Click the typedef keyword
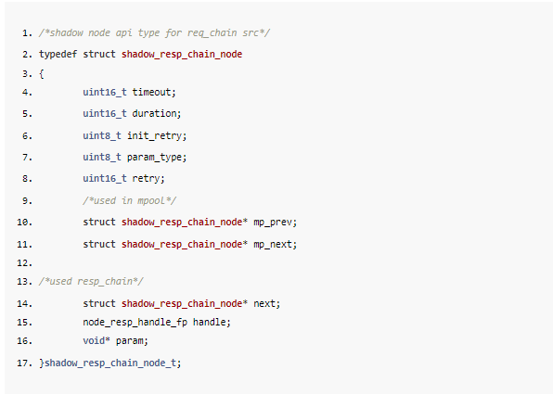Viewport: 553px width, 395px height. (x=58, y=55)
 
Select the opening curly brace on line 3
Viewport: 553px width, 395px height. (x=42, y=74)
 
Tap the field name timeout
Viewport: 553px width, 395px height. (x=151, y=93)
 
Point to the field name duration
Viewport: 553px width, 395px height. (x=154, y=113)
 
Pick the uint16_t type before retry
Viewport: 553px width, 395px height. (x=105, y=179)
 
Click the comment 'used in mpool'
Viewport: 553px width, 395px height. (x=129, y=200)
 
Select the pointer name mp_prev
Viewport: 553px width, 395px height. (x=273, y=223)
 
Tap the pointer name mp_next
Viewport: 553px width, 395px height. (x=273, y=245)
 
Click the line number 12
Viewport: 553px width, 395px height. (x=24, y=263)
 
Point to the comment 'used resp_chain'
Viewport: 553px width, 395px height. (x=91, y=282)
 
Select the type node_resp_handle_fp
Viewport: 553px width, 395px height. (x=135, y=323)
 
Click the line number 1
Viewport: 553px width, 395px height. (x=27, y=33)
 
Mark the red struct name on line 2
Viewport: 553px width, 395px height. (x=182, y=55)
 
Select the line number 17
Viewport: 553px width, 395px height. (x=24, y=363)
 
